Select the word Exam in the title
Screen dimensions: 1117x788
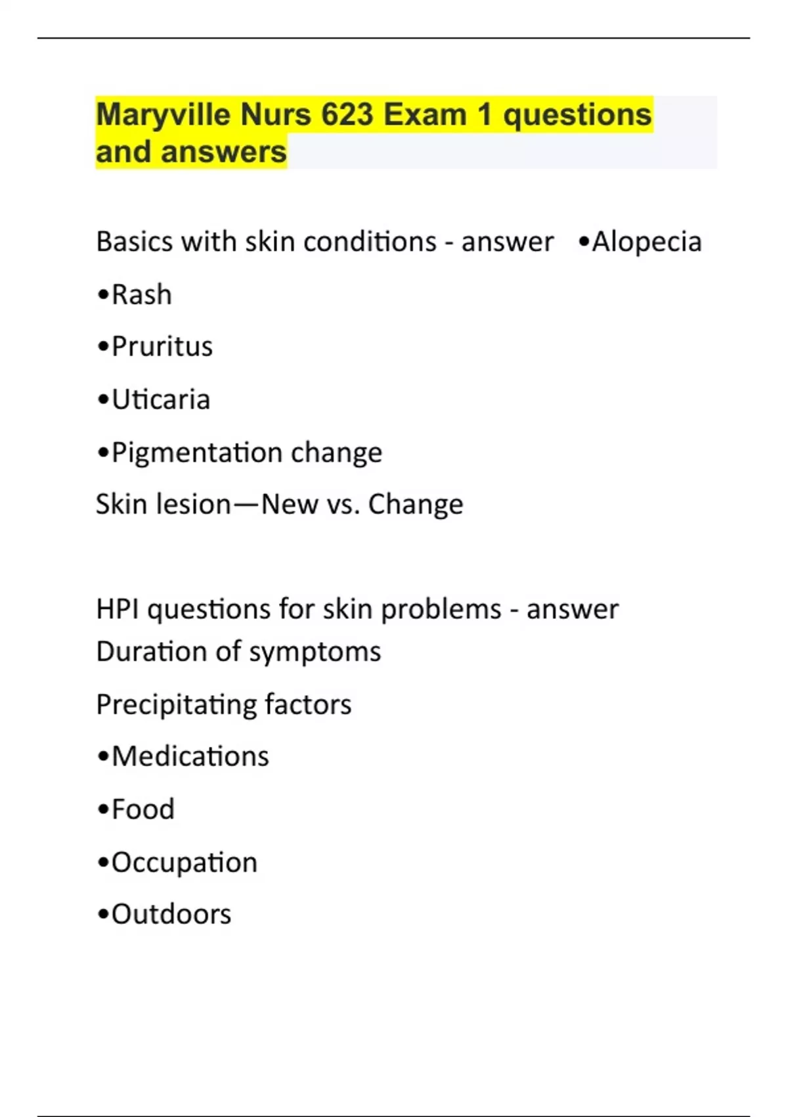[x=425, y=115]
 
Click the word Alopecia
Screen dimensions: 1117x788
[x=647, y=242]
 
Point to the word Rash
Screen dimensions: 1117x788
[x=142, y=295]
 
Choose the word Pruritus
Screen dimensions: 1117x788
[x=162, y=347]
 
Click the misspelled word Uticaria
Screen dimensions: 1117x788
[x=161, y=399]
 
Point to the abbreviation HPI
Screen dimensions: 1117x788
[x=118, y=609]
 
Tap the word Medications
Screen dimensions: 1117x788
[x=190, y=756]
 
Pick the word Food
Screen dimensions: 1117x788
[x=143, y=809]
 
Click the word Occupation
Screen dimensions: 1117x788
[x=185, y=862]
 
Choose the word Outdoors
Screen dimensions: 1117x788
[x=171, y=915]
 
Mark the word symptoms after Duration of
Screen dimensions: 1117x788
[x=315, y=652]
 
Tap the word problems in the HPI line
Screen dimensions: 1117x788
[x=441, y=609]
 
